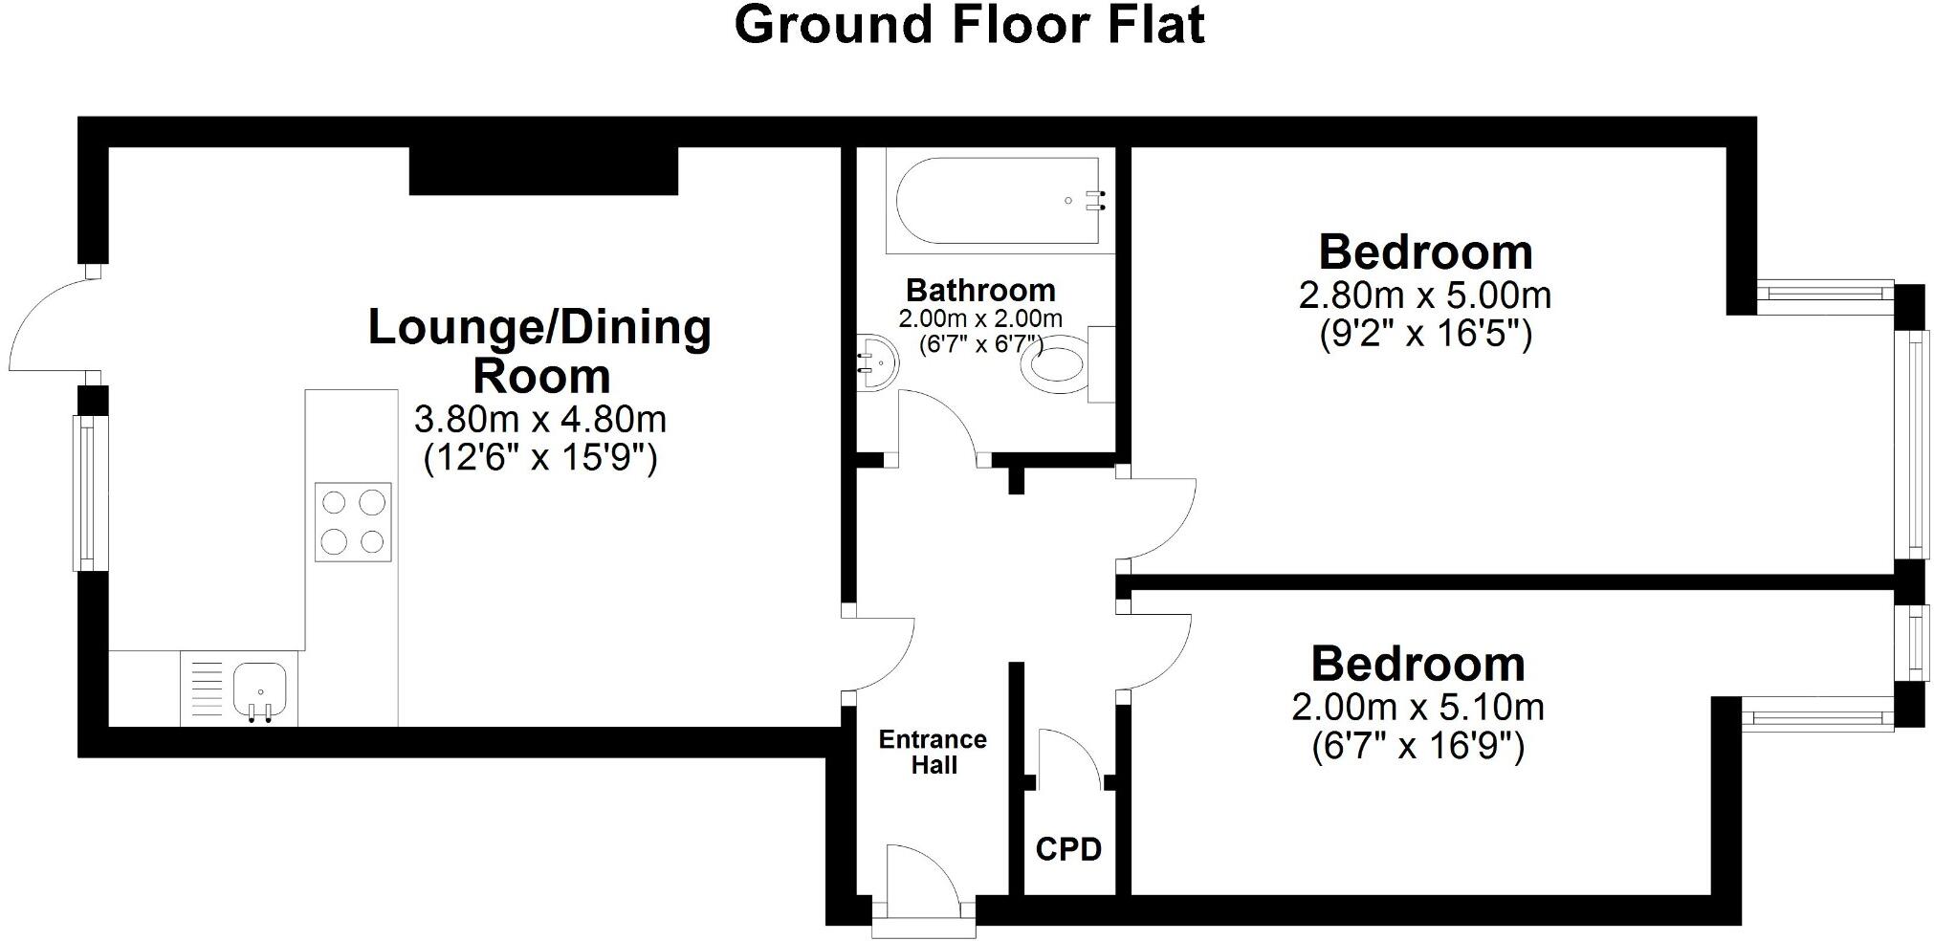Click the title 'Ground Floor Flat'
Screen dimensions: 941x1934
pyautogui.click(x=969, y=25)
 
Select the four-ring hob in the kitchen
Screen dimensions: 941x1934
pyautogui.click(x=353, y=522)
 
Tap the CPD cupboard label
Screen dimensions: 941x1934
pyautogui.click(x=1068, y=848)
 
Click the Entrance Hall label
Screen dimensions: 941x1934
pyautogui.click(x=933, y=752)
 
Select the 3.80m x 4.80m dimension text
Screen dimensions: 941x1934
pyautogui.click(x=540, y=419)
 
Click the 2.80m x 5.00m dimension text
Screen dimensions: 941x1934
pyautogui.click(x=1424, y=295)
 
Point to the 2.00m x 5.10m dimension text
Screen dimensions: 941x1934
pyautogui.click(x=1418, y=708)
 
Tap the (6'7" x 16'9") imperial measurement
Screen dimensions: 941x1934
pyautogui.click(x=1418, y=746)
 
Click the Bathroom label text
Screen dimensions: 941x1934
pyautogui.click(x=980, y=290)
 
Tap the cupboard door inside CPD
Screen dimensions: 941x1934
pyautogui.click(x=1068, y=755)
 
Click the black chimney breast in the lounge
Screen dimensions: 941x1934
pyautogui.click(x=543, y=171)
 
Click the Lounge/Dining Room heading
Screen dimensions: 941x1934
pyautogui.click(x=540, y=350)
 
